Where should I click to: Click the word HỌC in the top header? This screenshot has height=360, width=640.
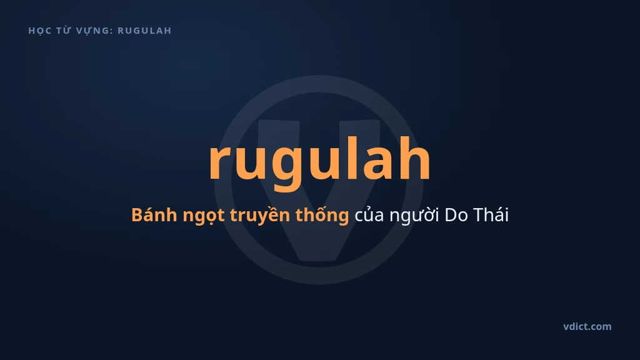[x=39, y=31]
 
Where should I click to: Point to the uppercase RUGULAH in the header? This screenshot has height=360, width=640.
[x=144, y=31]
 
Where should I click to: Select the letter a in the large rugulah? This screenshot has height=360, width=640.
[x=377, y=162]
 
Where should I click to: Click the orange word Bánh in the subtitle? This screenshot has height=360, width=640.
[x=154, y=214]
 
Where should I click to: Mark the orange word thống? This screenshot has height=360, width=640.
[x=322, y=215]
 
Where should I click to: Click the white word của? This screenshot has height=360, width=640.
[x=369, y=215]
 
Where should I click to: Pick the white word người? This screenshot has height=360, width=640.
[x=414, y=216]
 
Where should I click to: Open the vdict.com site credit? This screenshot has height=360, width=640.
[x=587, y=326]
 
